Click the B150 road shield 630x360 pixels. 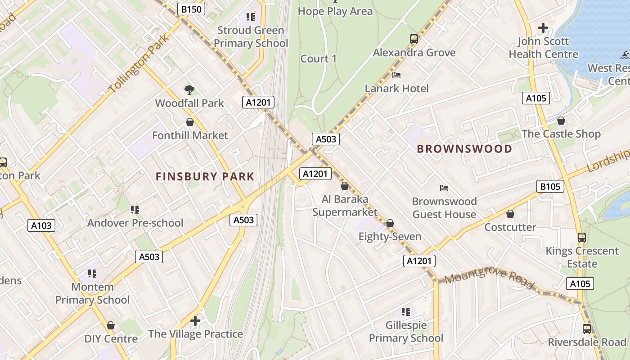(191, 9)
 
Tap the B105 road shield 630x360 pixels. (550, 186)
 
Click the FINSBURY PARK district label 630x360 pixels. (205, 177)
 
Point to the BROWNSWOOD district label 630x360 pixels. (464, 149)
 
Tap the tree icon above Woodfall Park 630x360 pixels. (189, 90)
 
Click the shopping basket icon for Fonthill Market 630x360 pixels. (190, 122)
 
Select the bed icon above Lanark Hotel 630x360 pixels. (396, 75)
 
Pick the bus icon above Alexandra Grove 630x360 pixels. (414, 39)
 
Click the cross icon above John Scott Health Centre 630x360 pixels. (543, 28)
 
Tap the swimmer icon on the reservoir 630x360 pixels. (624, 55)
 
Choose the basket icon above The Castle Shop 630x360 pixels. (561, 121)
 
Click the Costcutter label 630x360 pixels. (510, 227)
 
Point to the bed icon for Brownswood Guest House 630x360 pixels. (444, 188)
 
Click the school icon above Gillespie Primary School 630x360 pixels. (406, 311)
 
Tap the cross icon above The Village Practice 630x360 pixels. (195, 320)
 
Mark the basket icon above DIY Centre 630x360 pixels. (111, 325)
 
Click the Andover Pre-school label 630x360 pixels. (135, 223)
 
